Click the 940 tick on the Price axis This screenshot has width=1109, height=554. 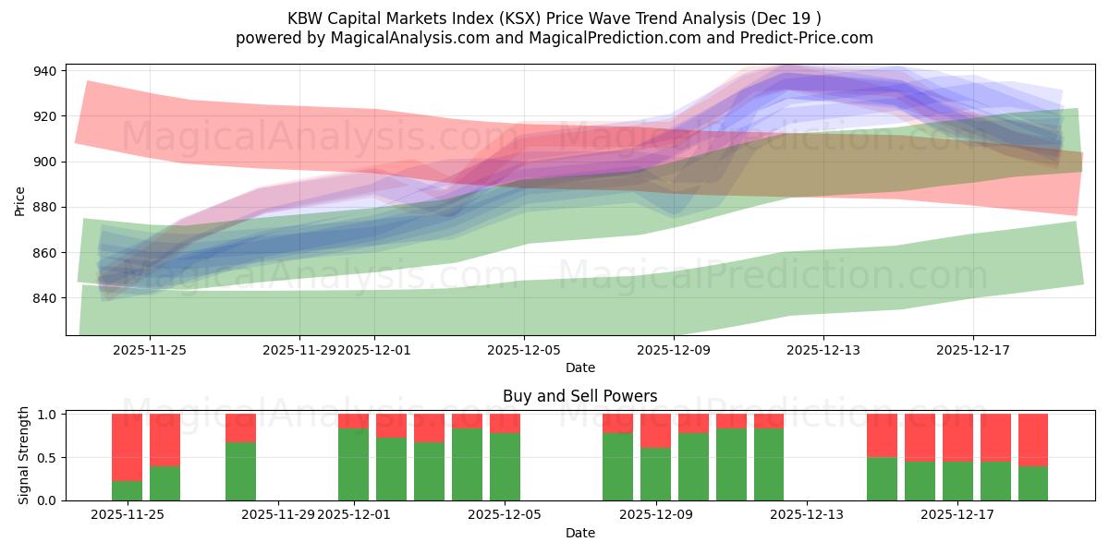(x=45, y=71)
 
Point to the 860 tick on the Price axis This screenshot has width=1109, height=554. (x=45, y=253)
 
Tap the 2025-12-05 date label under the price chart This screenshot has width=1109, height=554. (x=524, y=350)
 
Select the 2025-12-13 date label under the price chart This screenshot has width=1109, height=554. (x=823, y=350)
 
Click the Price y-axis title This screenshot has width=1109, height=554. (x=20, y=200)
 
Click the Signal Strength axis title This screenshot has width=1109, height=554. (x=25, y=455)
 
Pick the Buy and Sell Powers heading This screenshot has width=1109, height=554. (x=579, y=396)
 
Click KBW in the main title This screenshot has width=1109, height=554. (x=306, y=18)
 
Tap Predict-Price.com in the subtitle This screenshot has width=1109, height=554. (x=809, y=38)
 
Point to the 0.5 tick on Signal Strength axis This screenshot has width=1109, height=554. (x=49, y=457)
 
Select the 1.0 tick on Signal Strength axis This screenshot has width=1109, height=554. (x=49, y=415)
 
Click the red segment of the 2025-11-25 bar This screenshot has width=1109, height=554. (x=127, y=447)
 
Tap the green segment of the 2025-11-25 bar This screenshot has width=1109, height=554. (x=127, y=490)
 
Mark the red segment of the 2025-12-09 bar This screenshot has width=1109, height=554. (x=655, y=430)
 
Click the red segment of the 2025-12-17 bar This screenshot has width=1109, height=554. (x=957, y=437)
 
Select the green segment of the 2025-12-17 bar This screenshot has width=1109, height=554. (x=957, y=480)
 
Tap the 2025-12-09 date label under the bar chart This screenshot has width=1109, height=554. (x=655, y=514)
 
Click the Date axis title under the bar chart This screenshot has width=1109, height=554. (x=579, y=533)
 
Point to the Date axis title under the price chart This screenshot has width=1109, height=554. (x=579, y=367)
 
